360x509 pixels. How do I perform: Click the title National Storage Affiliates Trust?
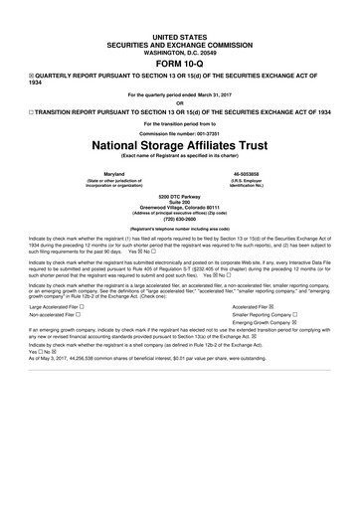[180, 144]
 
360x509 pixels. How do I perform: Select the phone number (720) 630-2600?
[179, 221]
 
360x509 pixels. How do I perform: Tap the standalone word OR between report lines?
[180, 101]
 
